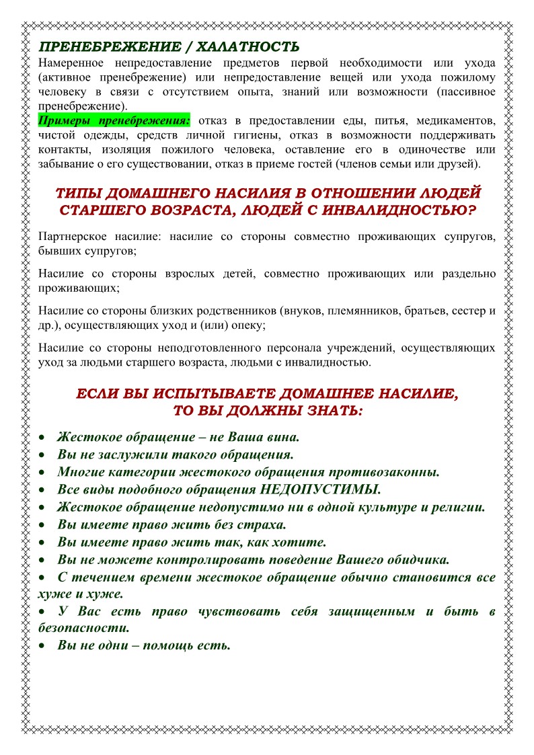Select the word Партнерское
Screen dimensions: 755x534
70,237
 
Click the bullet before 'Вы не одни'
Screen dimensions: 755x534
42,646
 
